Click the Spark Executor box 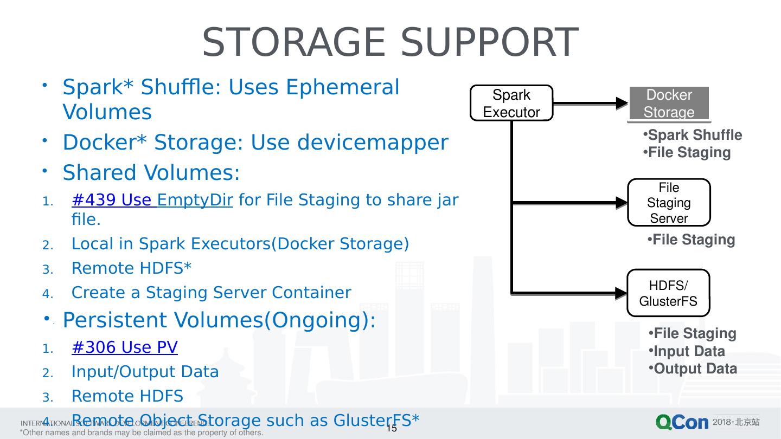511,103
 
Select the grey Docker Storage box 669,103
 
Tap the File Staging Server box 669,203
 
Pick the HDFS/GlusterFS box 668,293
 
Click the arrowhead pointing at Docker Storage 622,103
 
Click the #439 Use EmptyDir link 152,201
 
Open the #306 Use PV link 124,347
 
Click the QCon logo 682,423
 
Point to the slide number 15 392,428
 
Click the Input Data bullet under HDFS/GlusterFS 689,351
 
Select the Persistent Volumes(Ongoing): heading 219,320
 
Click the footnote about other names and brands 141,432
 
